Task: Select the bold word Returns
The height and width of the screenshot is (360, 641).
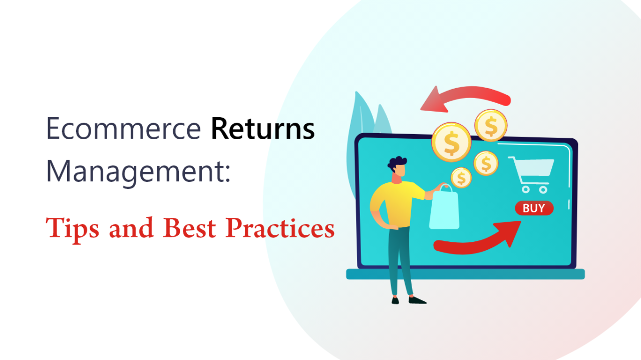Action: point(262,129)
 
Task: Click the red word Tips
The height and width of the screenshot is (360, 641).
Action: point(74,228)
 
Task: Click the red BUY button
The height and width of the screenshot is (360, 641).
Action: point(534,208)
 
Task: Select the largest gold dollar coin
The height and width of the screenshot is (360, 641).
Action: point(451,142)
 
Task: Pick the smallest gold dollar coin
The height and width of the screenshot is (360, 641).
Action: point(461,177)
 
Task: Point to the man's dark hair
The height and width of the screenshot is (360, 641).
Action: point(398,163)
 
